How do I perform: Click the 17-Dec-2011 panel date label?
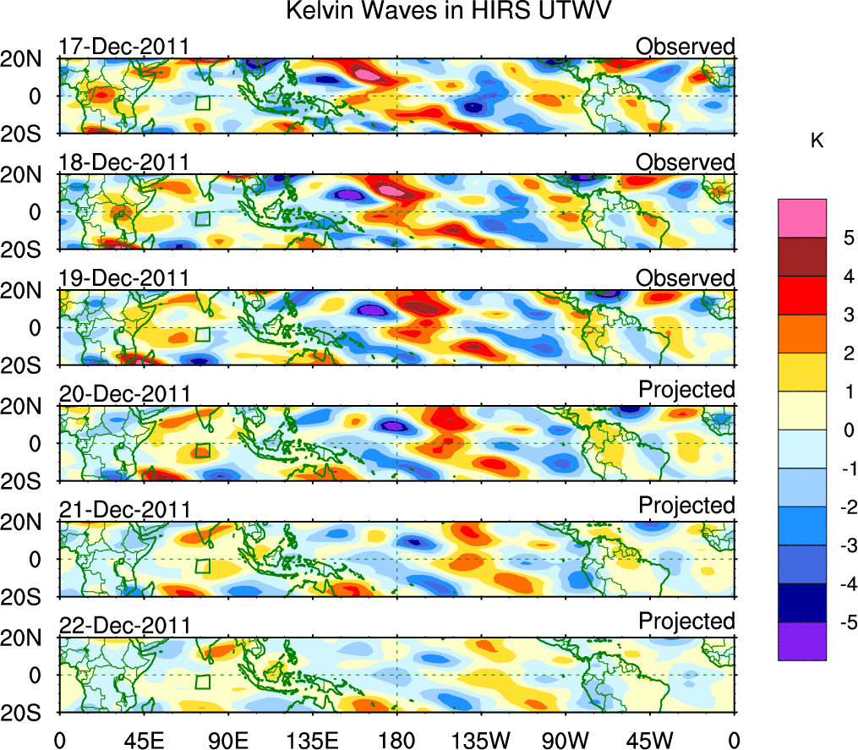tap(124, 47)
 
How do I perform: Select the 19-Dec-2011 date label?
tap(124, 278)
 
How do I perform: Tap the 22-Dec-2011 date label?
tap(124, 626)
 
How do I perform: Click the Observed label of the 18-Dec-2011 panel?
tap(686, 161)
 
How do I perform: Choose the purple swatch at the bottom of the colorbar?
tap(801, 642)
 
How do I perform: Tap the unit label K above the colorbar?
tap(817, 141)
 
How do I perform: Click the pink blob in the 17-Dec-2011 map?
tap(369, 75)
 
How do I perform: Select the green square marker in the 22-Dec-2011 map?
tap(203, 682)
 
